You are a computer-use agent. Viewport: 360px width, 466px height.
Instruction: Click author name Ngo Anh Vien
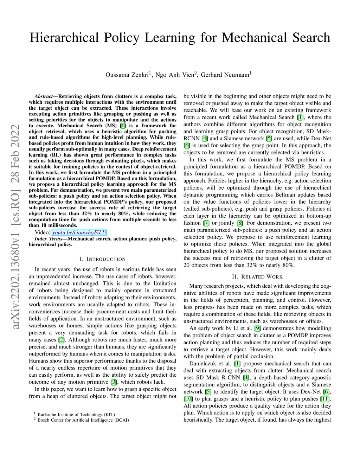coord(174,75)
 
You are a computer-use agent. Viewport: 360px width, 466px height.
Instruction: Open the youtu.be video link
coord(79,232)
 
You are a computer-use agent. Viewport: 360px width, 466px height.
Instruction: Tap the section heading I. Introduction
coord(102,259)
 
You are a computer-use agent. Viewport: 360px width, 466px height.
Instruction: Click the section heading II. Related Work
coord(257,277)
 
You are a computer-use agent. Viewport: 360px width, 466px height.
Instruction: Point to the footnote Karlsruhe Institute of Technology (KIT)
coord(76,414)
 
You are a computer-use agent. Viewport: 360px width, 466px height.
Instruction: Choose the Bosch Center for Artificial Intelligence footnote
coord(83,420)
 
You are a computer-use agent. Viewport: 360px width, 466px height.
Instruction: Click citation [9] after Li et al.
coord(257,328)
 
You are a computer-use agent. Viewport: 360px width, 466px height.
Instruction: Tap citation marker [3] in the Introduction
coord(114,382)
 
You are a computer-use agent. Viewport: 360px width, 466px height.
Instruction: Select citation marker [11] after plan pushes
coord(325,399)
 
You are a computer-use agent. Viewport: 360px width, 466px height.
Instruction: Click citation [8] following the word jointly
coord(240,223)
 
